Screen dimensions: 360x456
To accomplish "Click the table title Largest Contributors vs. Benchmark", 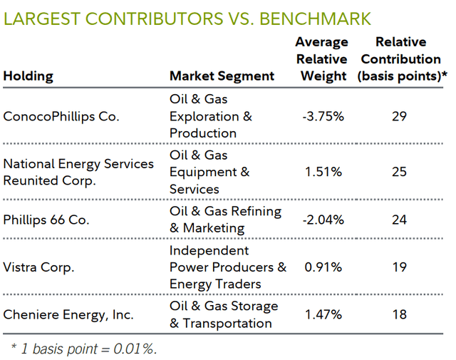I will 187,17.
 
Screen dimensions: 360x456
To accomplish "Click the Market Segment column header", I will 222,76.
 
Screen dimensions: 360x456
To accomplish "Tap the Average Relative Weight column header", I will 322,59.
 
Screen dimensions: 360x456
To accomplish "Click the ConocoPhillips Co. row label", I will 61,116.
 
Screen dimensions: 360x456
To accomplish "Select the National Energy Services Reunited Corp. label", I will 78,172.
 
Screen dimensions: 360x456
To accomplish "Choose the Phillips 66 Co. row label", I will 46,220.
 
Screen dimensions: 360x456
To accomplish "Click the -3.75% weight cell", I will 322,116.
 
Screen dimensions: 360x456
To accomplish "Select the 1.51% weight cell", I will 324,172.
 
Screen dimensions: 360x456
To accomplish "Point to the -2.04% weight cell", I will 322,220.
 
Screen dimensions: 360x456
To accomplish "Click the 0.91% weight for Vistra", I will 323,267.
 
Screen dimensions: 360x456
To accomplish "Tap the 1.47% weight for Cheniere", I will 324,314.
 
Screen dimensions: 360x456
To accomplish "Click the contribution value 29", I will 399,116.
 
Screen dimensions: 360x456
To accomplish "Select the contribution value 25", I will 399,172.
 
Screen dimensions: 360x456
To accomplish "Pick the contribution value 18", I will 399,314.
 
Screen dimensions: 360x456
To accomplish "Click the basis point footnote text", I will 83,349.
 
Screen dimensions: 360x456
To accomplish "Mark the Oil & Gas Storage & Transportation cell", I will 224,314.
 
